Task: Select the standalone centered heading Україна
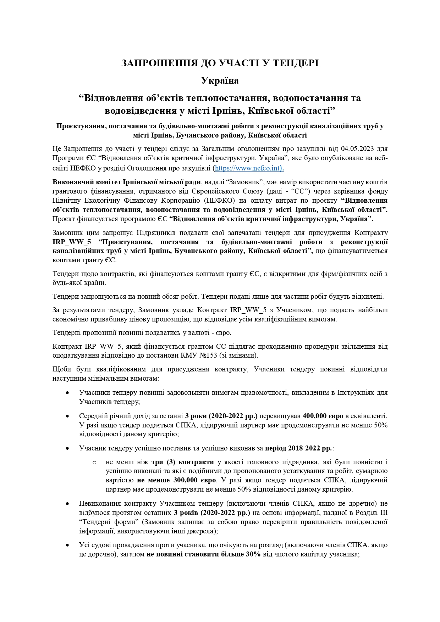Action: pyautogui.click(x=220, y=80)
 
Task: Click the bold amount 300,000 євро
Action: pyautogui.click(x=194, y=480)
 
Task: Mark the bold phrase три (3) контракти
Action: pyautogui.click(x=183, y=462)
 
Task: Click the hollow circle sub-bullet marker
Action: pyautogui.click(x=94, y=463)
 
